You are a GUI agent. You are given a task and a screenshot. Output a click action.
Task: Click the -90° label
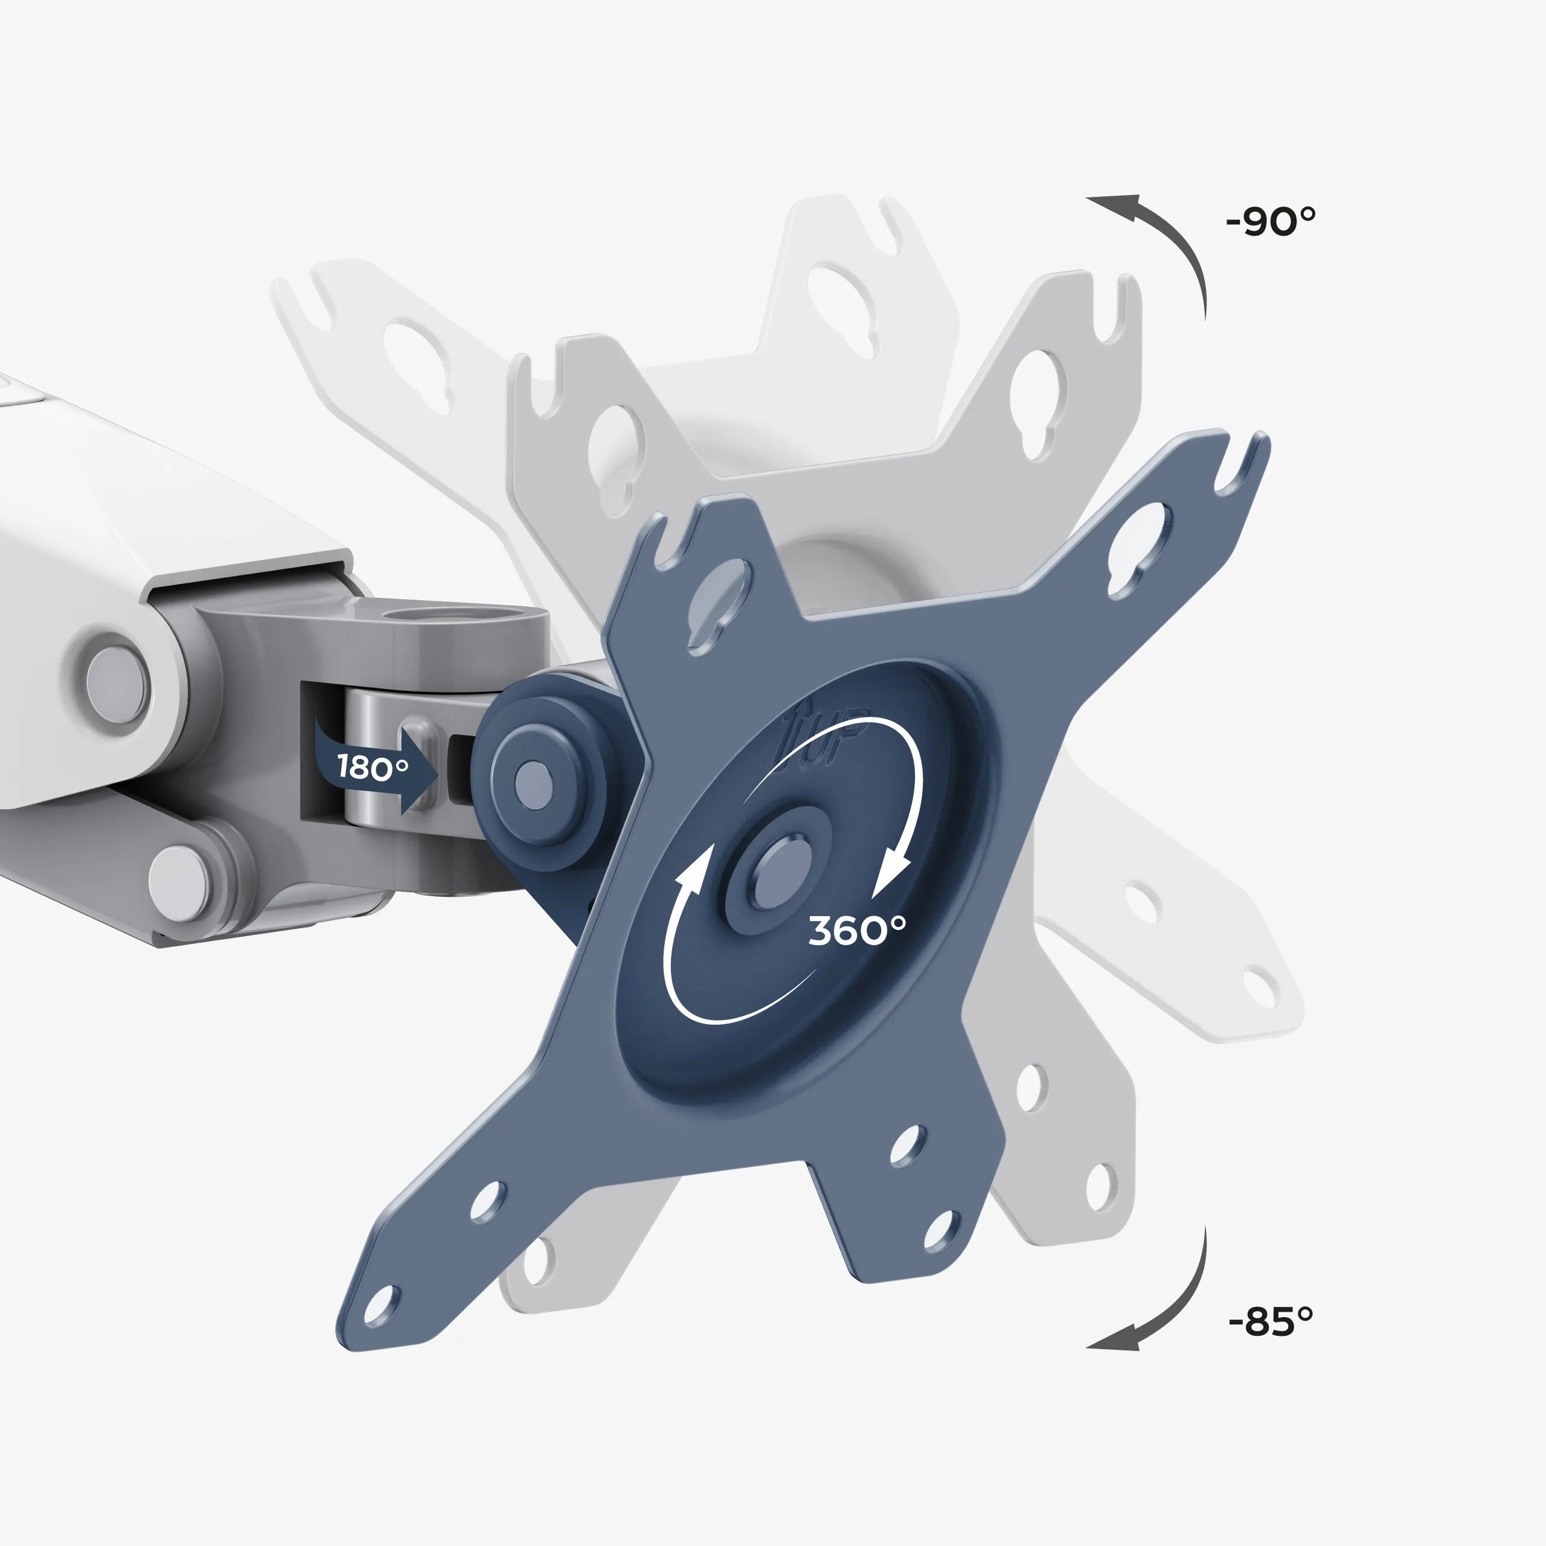point(1270,221)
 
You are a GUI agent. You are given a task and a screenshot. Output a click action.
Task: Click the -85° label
point(1270,1321)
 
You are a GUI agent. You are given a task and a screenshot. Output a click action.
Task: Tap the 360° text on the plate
point(857,931)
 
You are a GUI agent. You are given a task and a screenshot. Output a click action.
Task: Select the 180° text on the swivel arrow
point(372,766)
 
